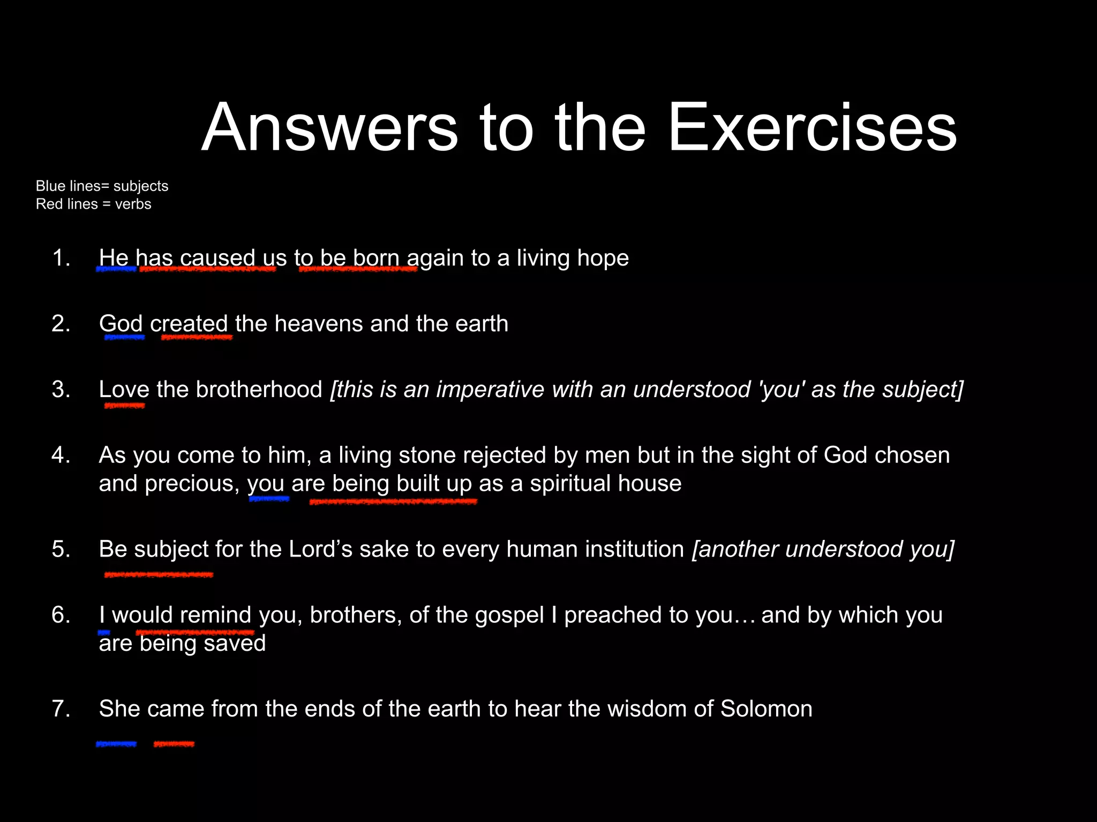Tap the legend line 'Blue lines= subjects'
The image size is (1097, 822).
(x=102, y=186)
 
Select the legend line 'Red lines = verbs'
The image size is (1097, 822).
(x=93, y=204)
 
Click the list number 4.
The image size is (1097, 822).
(x=61, y=455)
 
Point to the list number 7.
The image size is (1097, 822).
(x=61, y=709)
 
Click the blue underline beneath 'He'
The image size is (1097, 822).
(x=116, y=269)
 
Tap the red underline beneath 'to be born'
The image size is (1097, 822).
(x=358, y=269)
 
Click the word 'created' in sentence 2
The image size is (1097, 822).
(x=189, y=324)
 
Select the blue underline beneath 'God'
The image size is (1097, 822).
(x=124, y=337)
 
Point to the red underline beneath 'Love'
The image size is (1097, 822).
(x=124, y=406)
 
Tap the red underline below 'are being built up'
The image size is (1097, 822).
(x=393, y=501)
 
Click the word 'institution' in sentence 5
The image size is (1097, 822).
(x=634, y=549)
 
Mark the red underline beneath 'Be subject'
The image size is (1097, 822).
(x=159, y=575)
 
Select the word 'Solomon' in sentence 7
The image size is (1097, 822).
(x=766, y=709)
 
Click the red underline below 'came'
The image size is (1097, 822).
(x=174, y=744)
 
